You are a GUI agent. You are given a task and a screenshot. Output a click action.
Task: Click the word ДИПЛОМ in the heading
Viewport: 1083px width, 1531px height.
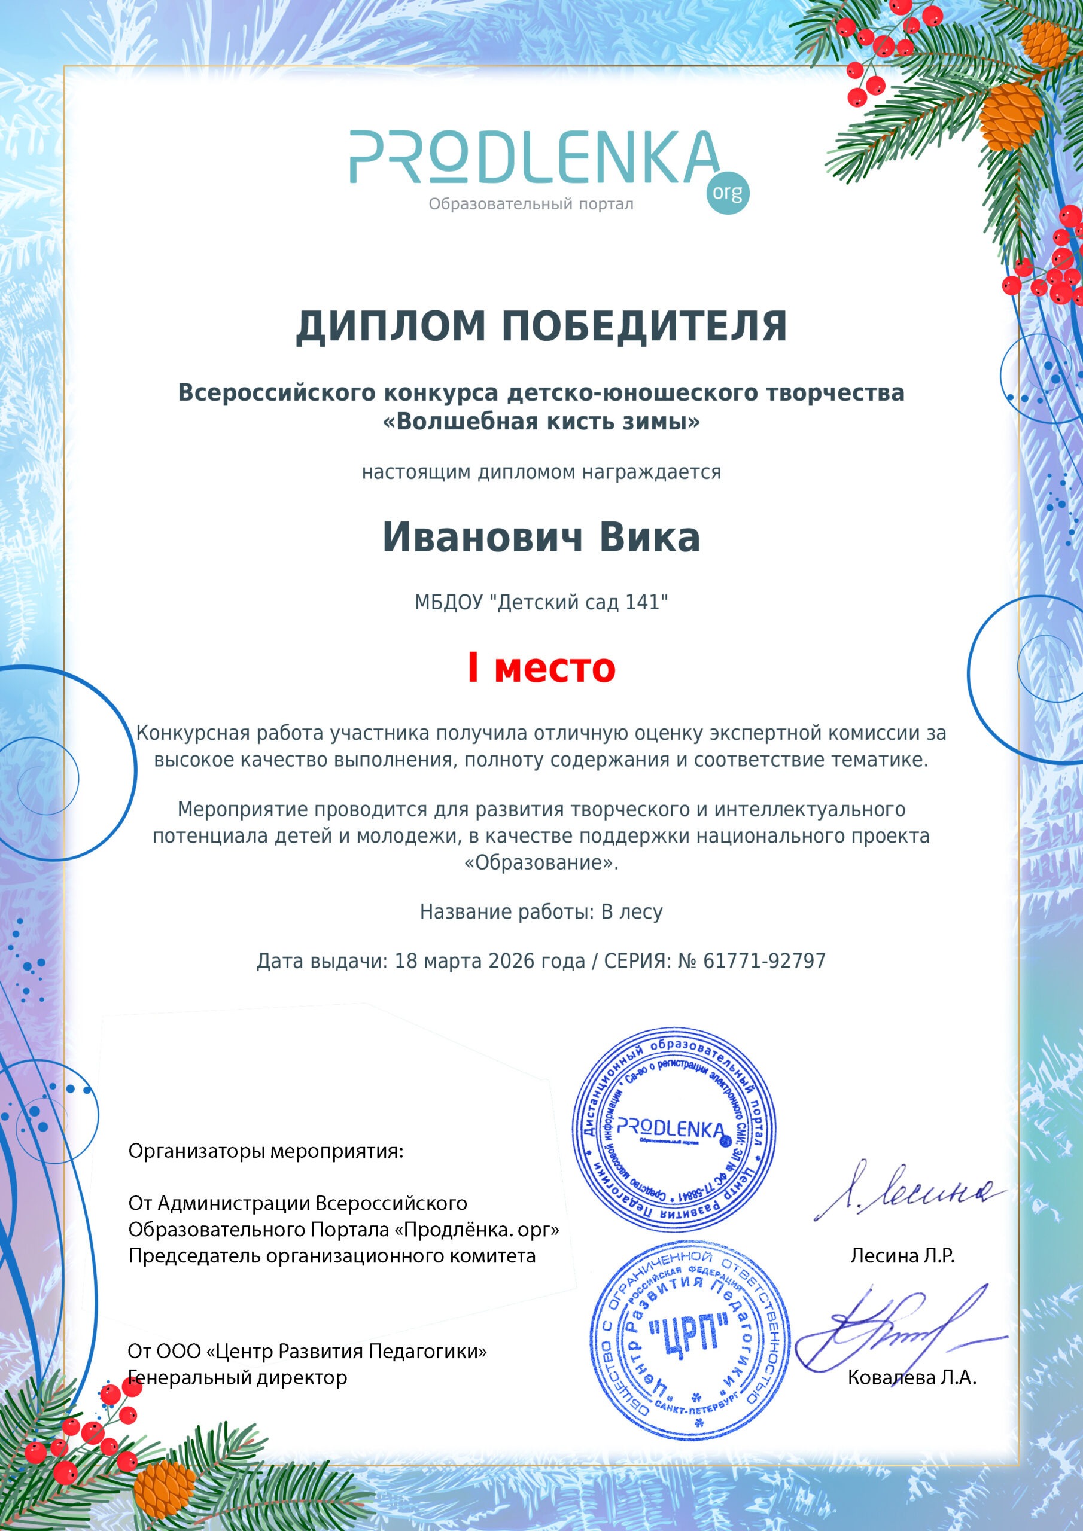(390, 327)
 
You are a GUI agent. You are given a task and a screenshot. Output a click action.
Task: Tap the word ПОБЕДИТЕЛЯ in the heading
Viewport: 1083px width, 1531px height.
(644, 327)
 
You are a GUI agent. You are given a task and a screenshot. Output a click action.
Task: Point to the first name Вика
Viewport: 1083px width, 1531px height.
(649, 538)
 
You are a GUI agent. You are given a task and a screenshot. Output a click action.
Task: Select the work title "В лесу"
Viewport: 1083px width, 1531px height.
(632, 911)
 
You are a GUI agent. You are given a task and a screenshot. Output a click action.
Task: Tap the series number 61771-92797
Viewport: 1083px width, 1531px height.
(764, 961)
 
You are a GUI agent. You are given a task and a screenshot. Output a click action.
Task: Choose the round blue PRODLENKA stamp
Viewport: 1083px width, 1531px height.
(674, 1127)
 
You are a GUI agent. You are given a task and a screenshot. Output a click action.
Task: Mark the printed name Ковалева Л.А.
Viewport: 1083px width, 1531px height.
(911, 1378)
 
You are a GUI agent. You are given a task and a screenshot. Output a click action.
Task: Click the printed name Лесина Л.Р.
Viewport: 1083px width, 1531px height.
(902, 1256)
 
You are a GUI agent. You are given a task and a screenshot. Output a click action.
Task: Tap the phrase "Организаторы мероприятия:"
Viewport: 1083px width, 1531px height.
(266, 1151)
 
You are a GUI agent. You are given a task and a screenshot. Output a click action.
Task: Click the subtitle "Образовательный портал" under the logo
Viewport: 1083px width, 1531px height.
(531, 204)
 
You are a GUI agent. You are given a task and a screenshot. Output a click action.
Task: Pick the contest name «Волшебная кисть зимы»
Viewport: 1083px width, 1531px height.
(541, 422)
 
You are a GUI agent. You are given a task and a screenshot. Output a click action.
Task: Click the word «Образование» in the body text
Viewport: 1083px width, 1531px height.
(541, 863)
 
